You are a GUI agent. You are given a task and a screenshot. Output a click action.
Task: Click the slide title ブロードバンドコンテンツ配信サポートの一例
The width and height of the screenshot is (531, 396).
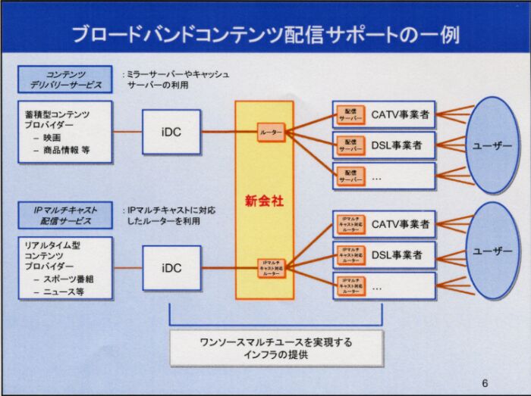pyautogui.click(x=265, y=35)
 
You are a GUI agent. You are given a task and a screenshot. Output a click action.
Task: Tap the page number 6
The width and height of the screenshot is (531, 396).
pyautogui.click(x=485, y=381)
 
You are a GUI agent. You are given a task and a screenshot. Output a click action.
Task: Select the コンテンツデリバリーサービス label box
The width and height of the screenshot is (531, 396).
pyautogui.click(x=65, y=80)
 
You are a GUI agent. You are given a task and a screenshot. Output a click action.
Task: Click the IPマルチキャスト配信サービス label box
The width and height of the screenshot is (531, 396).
pyautogui.click(x=65, y=216)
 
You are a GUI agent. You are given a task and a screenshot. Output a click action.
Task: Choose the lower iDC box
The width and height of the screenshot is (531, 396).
pyautogui.click(x=171, y=268)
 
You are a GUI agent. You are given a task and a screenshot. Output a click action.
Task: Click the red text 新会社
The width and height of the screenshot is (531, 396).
pyautogui.click(x=263, y=201)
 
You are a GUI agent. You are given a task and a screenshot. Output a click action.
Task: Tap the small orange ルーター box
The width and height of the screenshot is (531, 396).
pyautogui.click(x=271, y=133)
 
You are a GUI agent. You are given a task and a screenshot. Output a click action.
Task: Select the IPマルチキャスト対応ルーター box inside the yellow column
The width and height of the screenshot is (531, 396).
pyautogui.click(x=270, y=268)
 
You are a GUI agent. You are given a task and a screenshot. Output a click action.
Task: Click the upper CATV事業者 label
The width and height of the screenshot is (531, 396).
pyautogui.click(x=401, y=115)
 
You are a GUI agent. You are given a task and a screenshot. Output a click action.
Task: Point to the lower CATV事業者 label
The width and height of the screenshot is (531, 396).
pyautogui.click(x=401, y=224)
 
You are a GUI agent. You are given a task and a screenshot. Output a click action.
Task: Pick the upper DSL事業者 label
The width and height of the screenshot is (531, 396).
pyautogui.click(x=397, y=145)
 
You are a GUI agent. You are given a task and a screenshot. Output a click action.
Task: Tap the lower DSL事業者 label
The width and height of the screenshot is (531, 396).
pyautogui.click(x=397, y=254)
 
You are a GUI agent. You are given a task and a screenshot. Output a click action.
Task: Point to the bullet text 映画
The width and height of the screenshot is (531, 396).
pyautogui.click(x=52, y=138)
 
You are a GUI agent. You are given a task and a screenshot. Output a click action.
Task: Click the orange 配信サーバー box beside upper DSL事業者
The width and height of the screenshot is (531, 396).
pyautogui.click(x=350, y=145)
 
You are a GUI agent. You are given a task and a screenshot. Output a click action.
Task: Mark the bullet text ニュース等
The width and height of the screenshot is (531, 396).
pyautogui.click(x=64, y=292)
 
